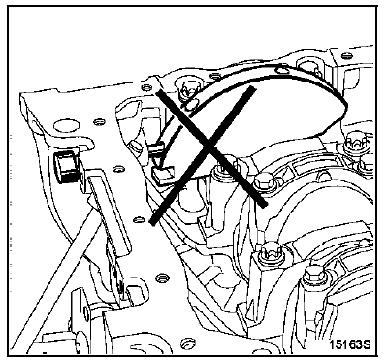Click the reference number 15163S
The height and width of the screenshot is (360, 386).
349,344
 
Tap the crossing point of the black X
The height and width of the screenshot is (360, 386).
209,148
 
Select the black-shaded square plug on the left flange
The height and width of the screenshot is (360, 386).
66,167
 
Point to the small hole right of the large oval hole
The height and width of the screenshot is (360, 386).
97,122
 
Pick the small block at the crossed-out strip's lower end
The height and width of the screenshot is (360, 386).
163,175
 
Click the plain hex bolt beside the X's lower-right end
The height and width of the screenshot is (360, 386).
265,182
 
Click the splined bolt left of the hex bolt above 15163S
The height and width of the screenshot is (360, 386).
269,251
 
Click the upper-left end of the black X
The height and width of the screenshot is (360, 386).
159,93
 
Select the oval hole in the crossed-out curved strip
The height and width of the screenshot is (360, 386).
282,69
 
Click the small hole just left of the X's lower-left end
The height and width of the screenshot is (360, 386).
139,220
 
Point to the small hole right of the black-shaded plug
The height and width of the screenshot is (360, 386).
118,169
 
